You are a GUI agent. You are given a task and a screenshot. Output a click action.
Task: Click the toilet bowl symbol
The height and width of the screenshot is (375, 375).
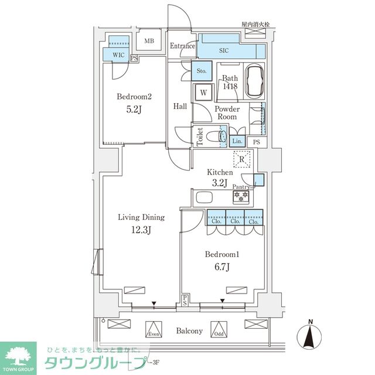click(223, 137)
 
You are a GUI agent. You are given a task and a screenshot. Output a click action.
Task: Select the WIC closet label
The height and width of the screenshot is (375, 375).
click(119, 54)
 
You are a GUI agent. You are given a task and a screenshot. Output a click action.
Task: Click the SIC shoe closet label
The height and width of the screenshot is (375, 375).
click(224, 51)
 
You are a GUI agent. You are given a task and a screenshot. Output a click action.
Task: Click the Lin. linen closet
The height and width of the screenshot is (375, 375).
click(237, 141)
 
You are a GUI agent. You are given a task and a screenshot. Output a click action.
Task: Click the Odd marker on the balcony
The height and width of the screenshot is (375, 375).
click(219, 330)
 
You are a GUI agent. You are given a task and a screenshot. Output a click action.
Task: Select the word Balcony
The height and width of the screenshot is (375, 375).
click(189, 331)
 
